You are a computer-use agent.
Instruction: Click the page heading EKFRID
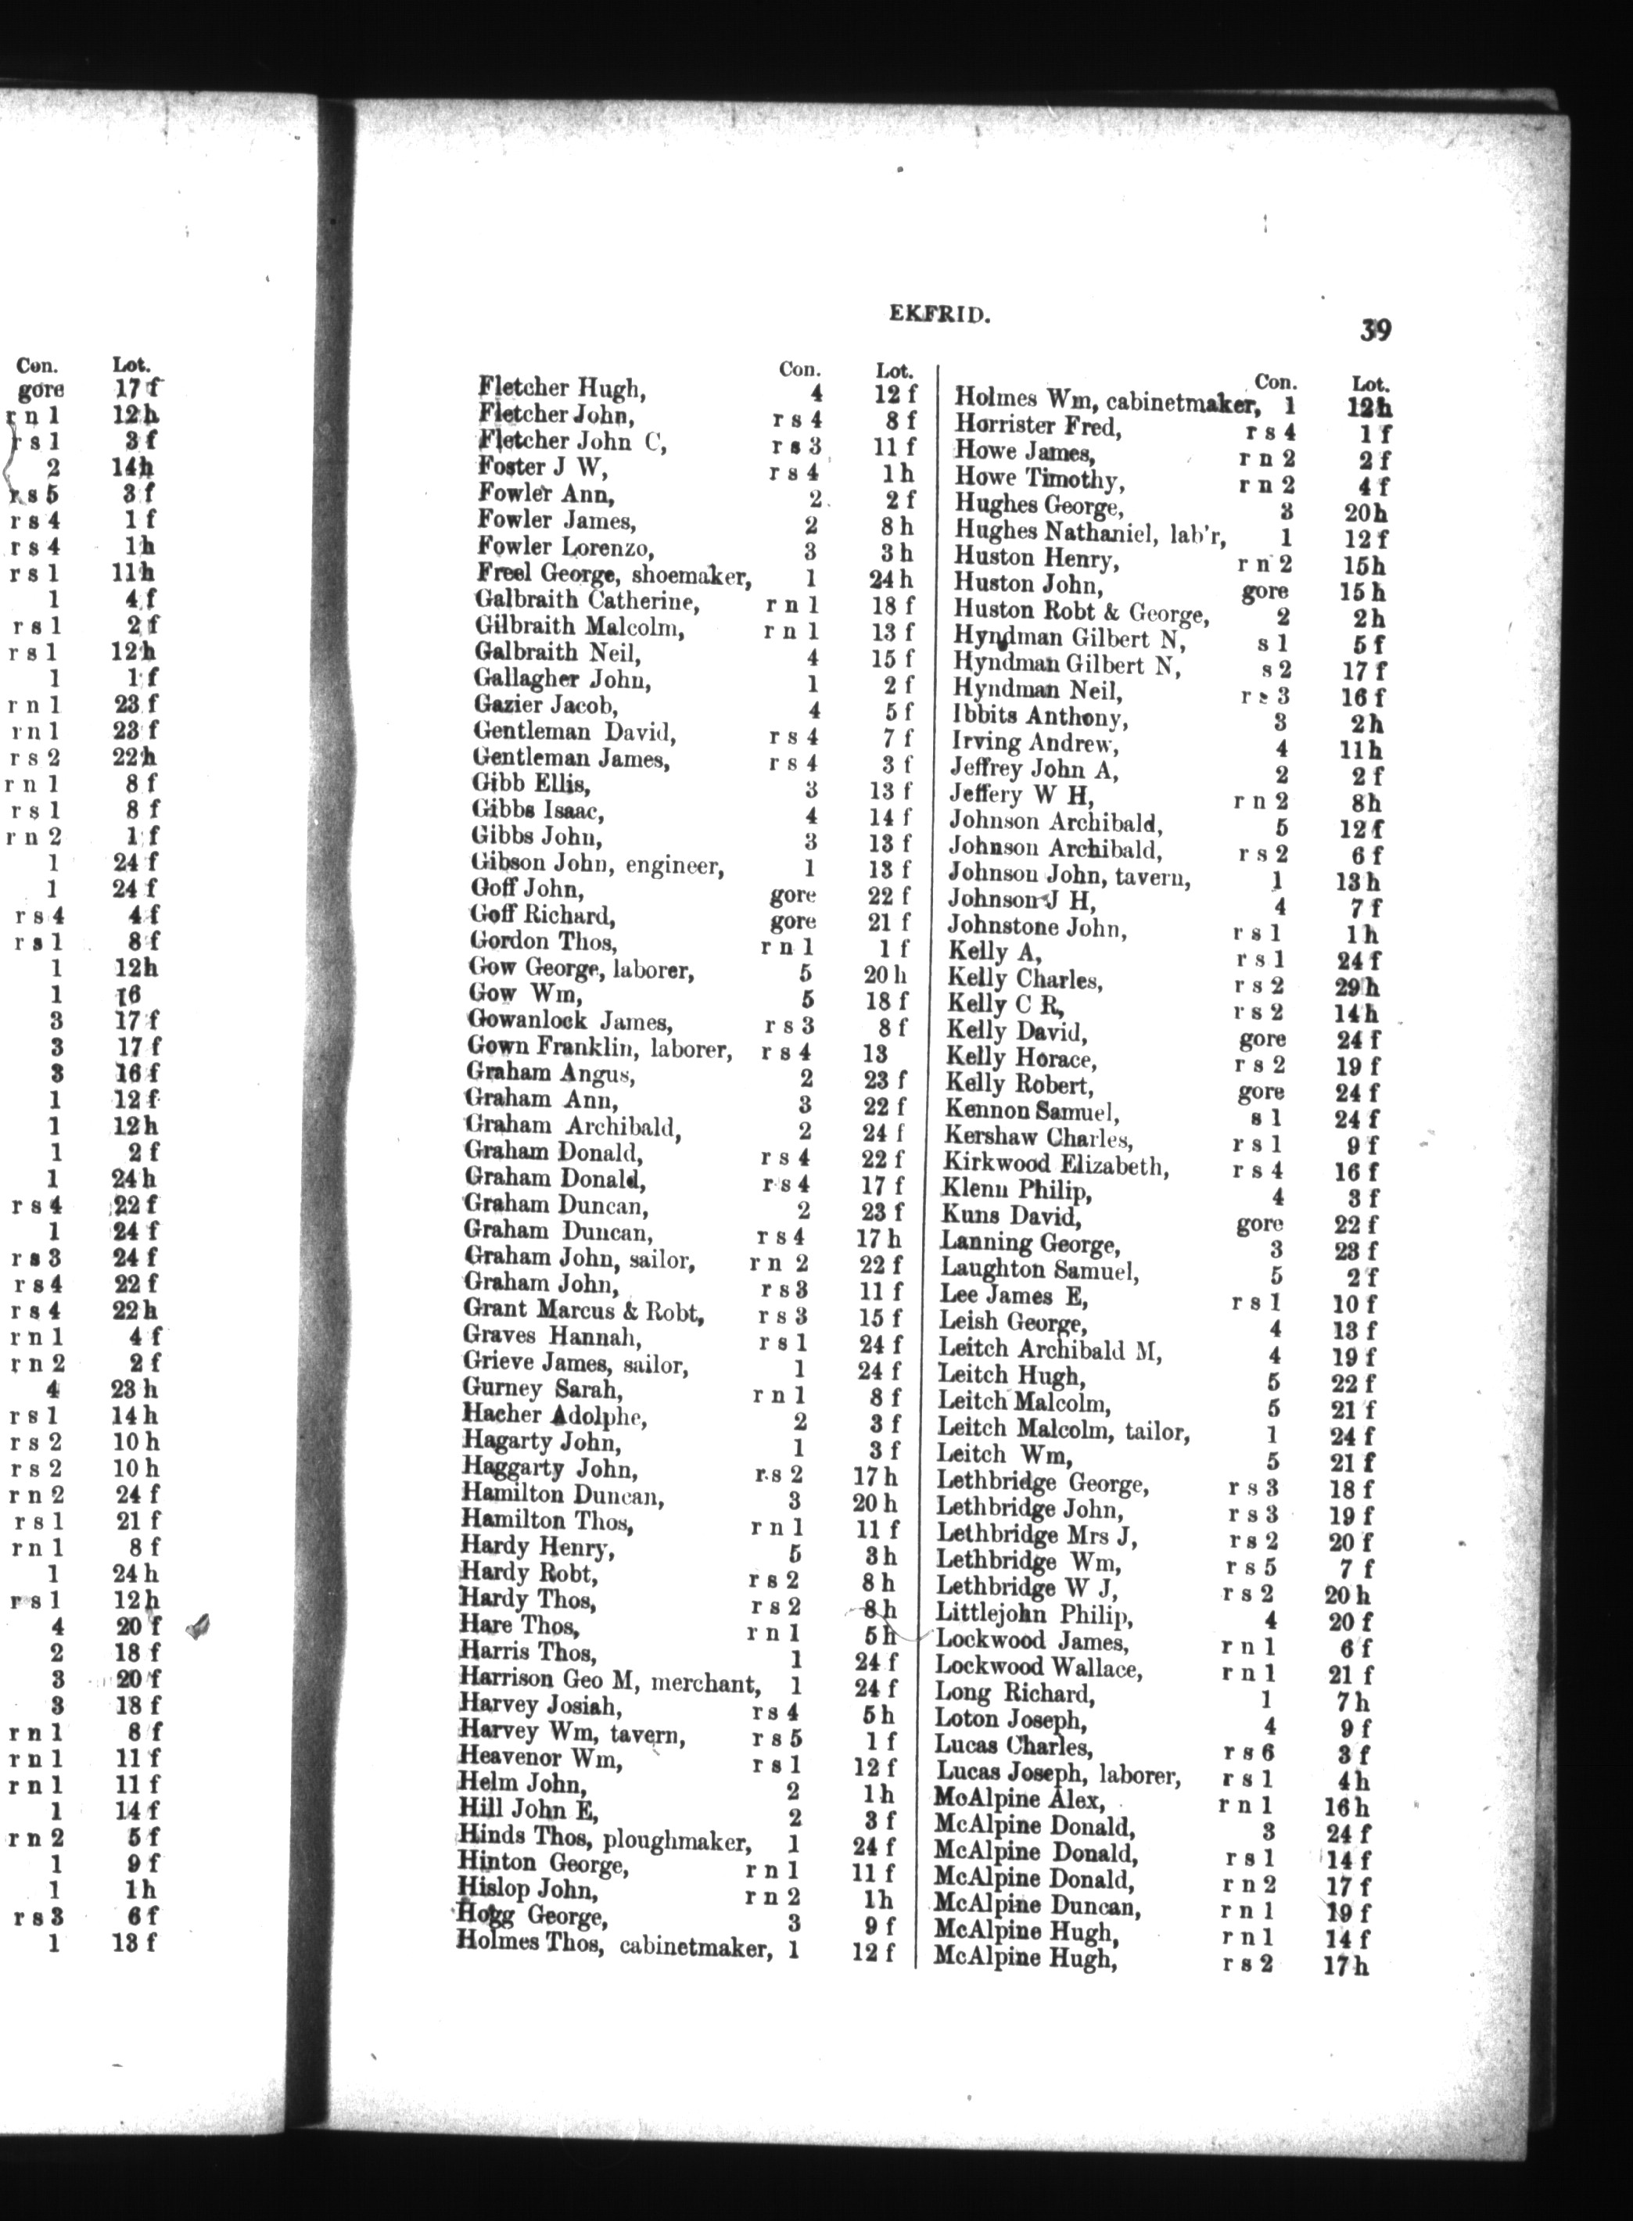pos(934,315)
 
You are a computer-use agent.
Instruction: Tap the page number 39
pos(1375,329)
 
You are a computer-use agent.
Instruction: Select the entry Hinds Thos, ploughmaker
pos(604,1838)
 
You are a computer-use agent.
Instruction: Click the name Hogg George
pos(531,1917)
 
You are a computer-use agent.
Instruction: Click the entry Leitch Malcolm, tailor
pos(1063,1430)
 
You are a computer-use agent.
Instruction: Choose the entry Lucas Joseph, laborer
pos(1057,1775)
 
